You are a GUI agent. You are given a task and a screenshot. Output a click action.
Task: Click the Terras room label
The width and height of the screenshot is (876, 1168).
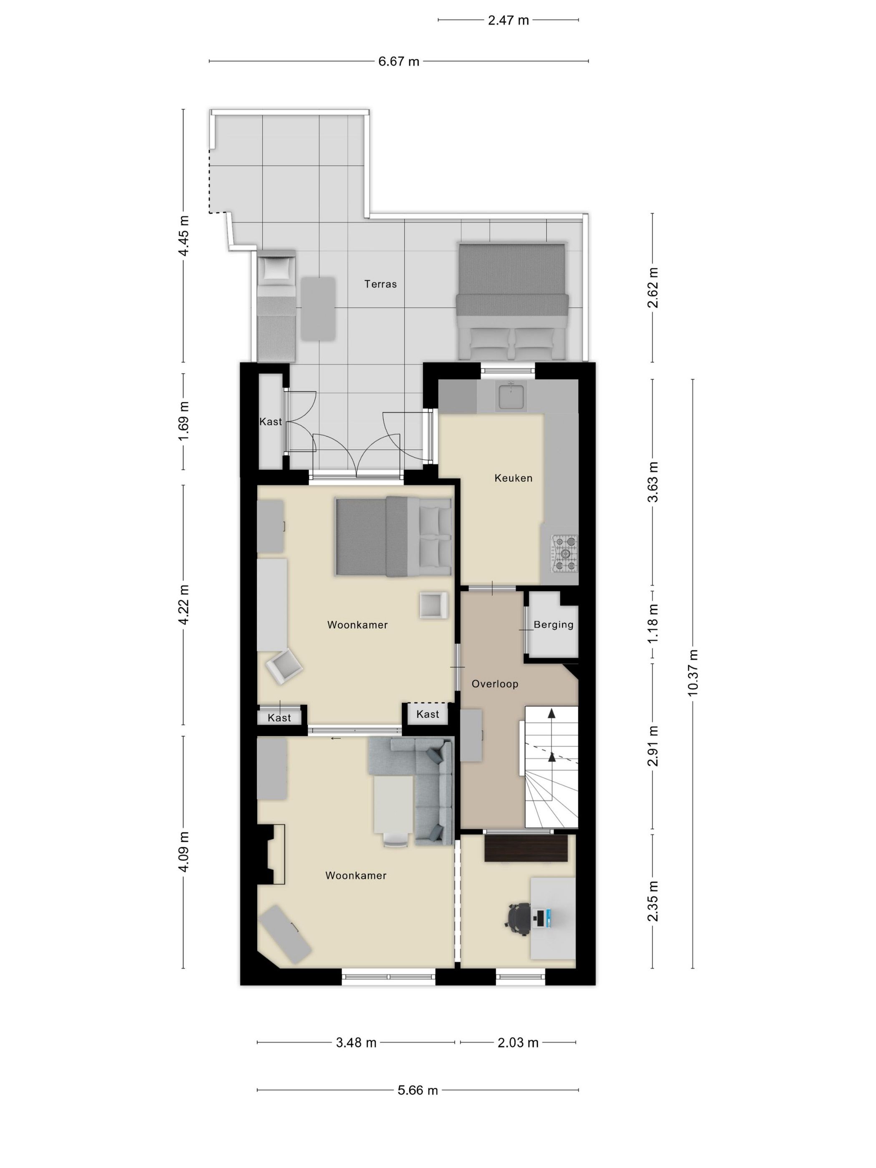(380, 284)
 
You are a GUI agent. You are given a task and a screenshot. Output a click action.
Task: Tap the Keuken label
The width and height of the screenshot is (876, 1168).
(513, 478)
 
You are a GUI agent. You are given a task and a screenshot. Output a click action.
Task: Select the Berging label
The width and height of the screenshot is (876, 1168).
(553, 624)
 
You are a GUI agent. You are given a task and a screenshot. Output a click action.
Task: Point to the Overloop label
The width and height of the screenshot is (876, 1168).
(494, 684)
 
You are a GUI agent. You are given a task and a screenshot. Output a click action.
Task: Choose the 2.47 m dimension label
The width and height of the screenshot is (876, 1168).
(508, 20)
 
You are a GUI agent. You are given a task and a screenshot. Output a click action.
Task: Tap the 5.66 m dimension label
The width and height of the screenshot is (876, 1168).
(417, 1090)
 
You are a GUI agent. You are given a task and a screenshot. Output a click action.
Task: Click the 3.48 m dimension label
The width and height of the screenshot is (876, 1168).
(356, 1042)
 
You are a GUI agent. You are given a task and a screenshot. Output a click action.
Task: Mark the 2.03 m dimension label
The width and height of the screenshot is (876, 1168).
(518, 1042)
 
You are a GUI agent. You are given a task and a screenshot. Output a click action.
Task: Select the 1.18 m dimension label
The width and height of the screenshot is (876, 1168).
(653, 624)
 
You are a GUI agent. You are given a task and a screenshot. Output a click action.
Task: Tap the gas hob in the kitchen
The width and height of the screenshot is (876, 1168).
(564, 554)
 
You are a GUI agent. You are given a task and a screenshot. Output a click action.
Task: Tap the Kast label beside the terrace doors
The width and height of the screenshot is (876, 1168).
(270, 421)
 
